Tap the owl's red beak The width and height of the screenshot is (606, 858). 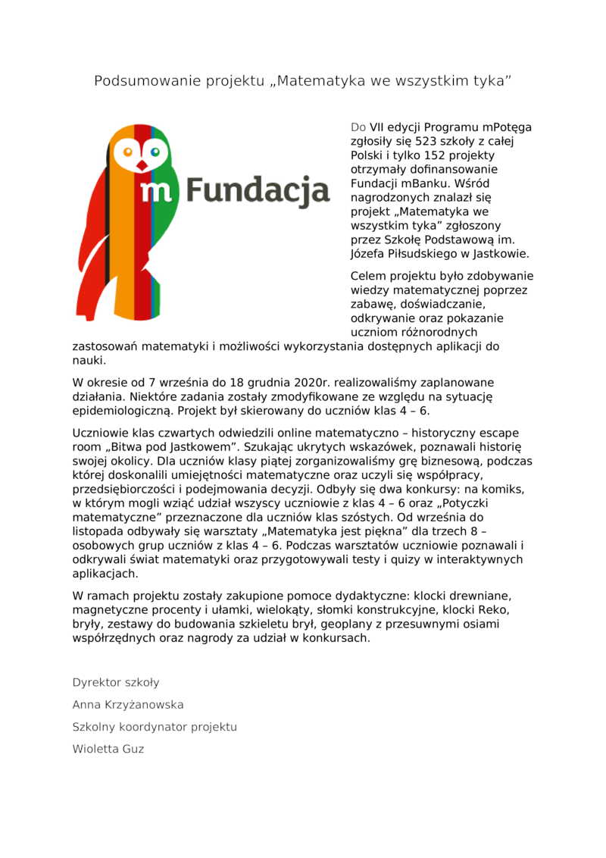pos(140,163)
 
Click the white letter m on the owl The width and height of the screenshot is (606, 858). pos(155,192)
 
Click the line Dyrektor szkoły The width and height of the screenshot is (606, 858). pos(116,682)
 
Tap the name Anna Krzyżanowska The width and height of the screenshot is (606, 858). pos(128,705)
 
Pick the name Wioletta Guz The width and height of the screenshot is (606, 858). pos(108,749)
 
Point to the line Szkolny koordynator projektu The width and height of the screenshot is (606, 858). pos(155,727)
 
